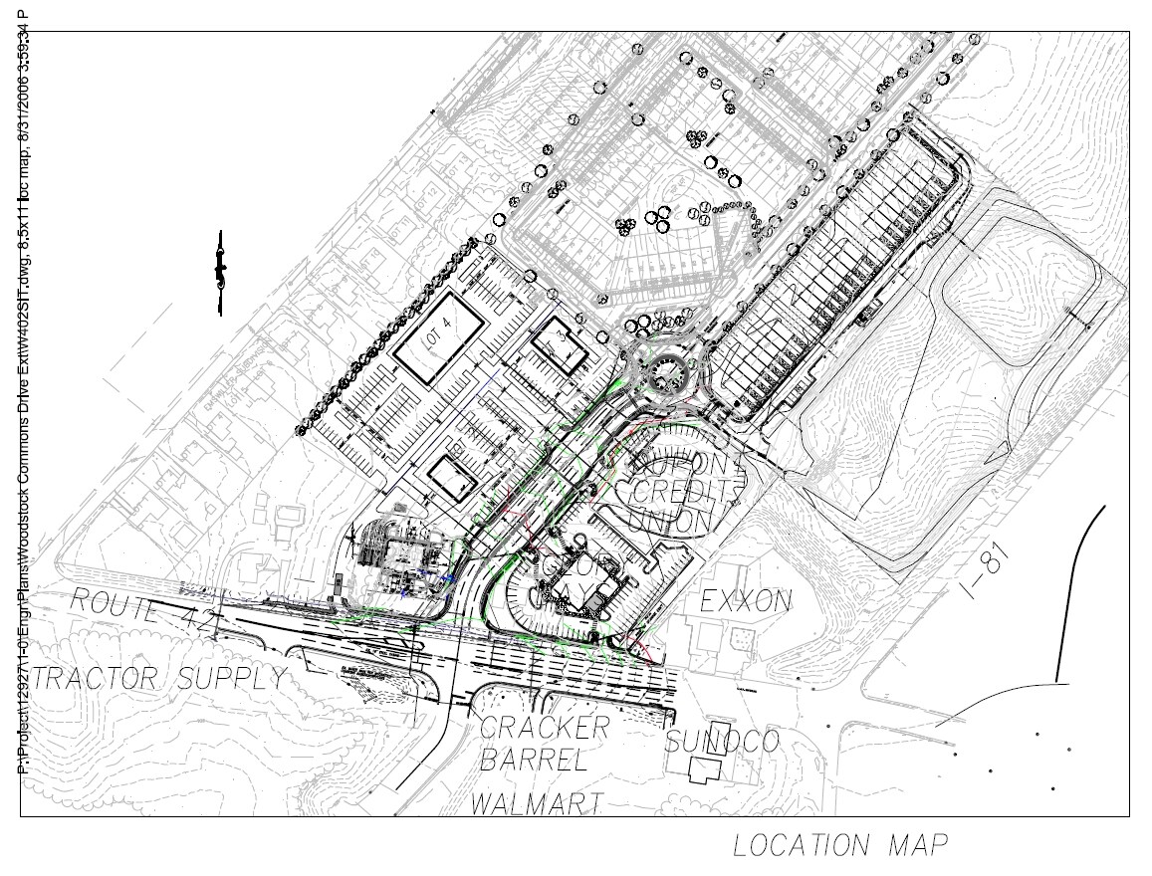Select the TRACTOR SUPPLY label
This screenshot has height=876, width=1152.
pyautogui.click(x=159, y=680)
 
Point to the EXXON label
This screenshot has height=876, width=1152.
pyautogui.click(x=747, y=601)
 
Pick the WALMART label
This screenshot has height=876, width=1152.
pyautogui.click(x=538, y=802)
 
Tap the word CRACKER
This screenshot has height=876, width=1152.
pyautogui.click(x=544, y=728)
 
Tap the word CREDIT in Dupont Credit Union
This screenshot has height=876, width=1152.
pyautogui.click(x=688, y=492)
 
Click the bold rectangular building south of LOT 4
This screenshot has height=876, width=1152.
pyautogui.click(x=454, y=479)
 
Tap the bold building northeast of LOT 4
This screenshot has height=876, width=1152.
pyautogui.click(x=556, y=347)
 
